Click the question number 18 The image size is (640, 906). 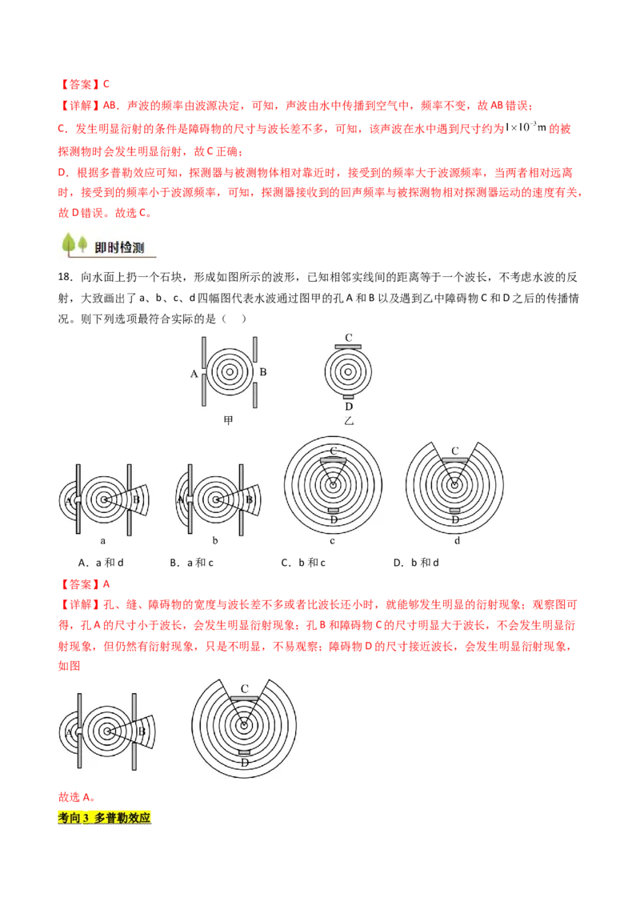pyautogui.click(x=66, y=278)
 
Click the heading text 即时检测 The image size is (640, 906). pyautogui.click(x=119, y=248)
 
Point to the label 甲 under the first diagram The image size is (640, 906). pyautogui.click(x=228, y=421)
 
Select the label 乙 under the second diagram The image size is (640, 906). pyautogui.click(x=348, y=421)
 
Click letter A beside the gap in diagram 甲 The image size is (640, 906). pyautogui.click(x=194, y=374)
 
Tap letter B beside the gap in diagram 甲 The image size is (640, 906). pyautogui.click(x=263, y=372)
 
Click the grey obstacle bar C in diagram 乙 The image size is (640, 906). pyautogui.click(x=348, y=347)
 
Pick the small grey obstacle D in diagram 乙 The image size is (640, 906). pyautogui.click(x=348, y=397)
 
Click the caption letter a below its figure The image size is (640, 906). pyautogui.click(x=103, y=541)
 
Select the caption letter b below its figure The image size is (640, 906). pyautogui.click(x=215, y=541)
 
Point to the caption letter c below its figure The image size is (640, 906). pyautogui.click(x=332, y=541)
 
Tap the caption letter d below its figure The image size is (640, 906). pyautogui.click(x=457, y=541)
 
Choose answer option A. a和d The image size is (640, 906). pyautogui.click(x=101, y=562)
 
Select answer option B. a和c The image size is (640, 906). pyautogui.click(x=192, y=562)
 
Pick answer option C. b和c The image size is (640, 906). pyautogui.click(x=303, y=562)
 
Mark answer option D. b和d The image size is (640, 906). pyautogui.click(x=416, y=562)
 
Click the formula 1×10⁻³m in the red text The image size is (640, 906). pyautogui.click(x=526, y=127)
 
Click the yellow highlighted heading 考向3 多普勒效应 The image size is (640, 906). pyautogui.click(x=105, y=818)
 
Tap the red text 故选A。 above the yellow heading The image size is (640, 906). pyautogui.click(x=77, y=797)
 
